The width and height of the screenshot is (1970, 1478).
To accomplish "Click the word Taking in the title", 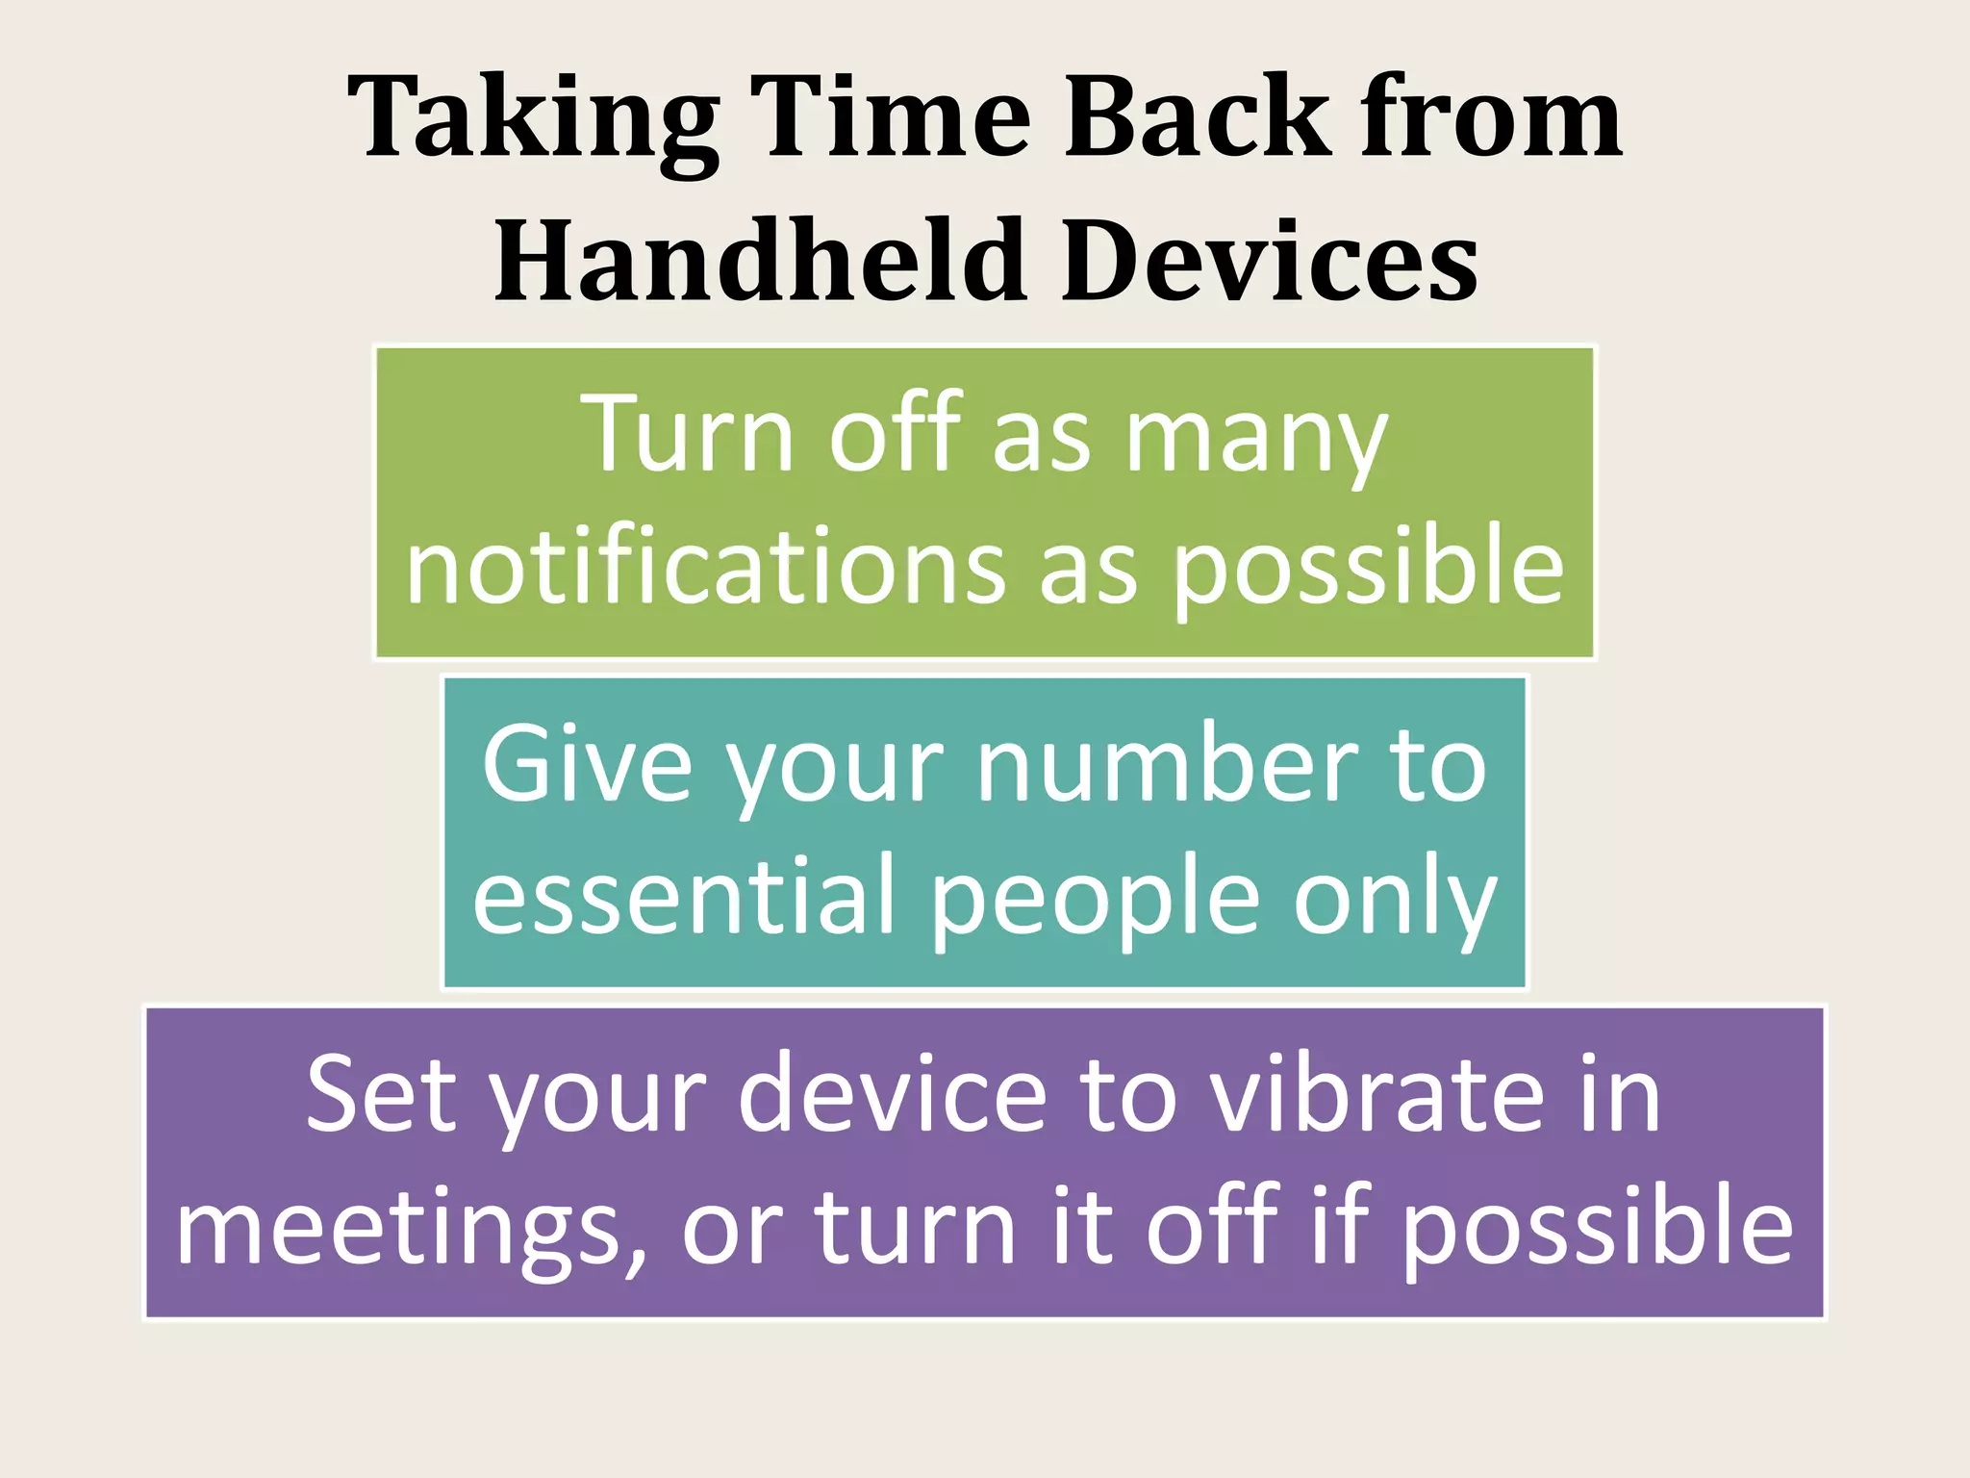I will (x=534, y=119).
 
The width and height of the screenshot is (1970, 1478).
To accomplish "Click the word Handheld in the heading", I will (x=759, y=260).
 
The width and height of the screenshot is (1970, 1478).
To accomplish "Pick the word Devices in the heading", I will (x=1270, y=260).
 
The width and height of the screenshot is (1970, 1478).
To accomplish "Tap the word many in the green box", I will (x=1256, y=438).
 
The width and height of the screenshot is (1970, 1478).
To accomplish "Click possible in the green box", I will (x=1370, y=570).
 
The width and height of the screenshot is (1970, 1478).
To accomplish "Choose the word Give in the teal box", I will (x=587, y=765).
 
